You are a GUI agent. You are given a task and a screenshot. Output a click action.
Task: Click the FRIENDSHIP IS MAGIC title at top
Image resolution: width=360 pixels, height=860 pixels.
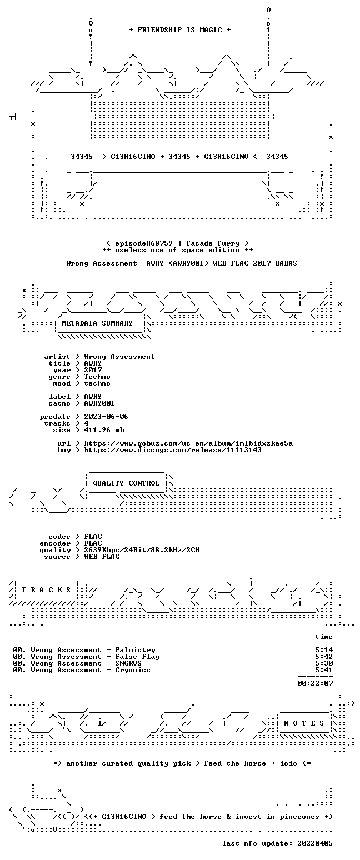tap(180, 30)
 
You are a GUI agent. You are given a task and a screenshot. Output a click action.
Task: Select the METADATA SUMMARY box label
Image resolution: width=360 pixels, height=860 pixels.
tap(97, 323)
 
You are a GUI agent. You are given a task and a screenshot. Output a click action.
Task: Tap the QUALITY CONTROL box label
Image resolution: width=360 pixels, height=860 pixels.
tap(126, 483)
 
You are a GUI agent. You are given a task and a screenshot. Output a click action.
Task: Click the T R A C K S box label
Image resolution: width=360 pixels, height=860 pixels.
tap(46, 589)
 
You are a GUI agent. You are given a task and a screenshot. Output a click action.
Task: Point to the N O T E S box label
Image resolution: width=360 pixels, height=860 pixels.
tap(304, 723)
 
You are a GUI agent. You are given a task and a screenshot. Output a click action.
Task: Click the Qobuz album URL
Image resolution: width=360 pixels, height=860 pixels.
tap(188, 443)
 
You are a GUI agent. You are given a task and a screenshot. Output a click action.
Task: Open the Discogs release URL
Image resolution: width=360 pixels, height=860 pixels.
tap(173, 450)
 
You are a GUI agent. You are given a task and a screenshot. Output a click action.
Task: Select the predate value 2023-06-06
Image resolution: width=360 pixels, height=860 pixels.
tap(106, 417)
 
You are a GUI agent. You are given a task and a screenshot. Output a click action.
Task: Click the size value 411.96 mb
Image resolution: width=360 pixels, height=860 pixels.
tap(104, 430)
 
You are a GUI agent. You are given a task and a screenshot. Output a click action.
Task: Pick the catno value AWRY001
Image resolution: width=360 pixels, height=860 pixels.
tap(99, 403)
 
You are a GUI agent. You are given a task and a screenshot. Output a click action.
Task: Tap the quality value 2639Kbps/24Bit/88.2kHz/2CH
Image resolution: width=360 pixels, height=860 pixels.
tap(142, 550)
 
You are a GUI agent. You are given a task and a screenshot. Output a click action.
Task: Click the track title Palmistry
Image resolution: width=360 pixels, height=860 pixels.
tap(135, 650)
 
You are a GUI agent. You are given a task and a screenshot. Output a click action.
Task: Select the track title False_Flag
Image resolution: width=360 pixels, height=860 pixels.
tap(137, 657)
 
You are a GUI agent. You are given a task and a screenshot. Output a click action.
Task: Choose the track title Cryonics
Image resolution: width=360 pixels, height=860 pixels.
tap(133, 670)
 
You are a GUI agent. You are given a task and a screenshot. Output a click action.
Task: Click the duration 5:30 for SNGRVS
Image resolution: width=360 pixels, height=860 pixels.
tap(324, 663)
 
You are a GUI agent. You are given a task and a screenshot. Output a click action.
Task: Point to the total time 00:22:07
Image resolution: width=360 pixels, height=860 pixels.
tap(315, 683)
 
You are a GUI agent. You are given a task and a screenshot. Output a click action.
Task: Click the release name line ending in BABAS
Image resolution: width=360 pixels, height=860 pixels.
tap(182, 263)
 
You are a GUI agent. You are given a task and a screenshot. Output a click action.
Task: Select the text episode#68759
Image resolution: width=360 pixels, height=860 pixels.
tap(144, 243)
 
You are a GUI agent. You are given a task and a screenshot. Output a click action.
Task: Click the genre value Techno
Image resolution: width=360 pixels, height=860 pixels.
tap(97, 377)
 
